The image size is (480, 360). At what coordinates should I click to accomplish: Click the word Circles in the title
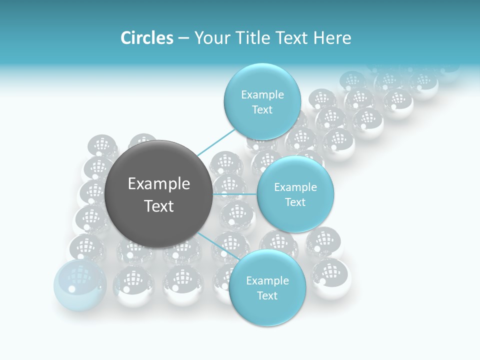146,38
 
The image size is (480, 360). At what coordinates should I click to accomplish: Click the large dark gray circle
158,194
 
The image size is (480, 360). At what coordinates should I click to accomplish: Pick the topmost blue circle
262,101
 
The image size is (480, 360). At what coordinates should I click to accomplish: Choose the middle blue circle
295,194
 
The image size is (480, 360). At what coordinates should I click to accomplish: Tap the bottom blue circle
267,287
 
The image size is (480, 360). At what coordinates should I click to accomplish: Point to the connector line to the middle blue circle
234,193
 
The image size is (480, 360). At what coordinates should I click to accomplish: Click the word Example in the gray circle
159,184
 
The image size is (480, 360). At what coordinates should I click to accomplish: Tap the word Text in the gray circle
159,206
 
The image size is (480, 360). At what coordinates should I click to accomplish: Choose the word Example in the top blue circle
262,94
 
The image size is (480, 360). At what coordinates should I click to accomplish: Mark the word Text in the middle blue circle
295,202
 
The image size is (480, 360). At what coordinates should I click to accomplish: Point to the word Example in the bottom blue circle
267,280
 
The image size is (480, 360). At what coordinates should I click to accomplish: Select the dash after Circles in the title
183,38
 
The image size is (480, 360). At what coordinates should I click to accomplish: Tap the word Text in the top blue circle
262,109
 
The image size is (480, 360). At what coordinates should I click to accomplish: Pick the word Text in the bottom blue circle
267,295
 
